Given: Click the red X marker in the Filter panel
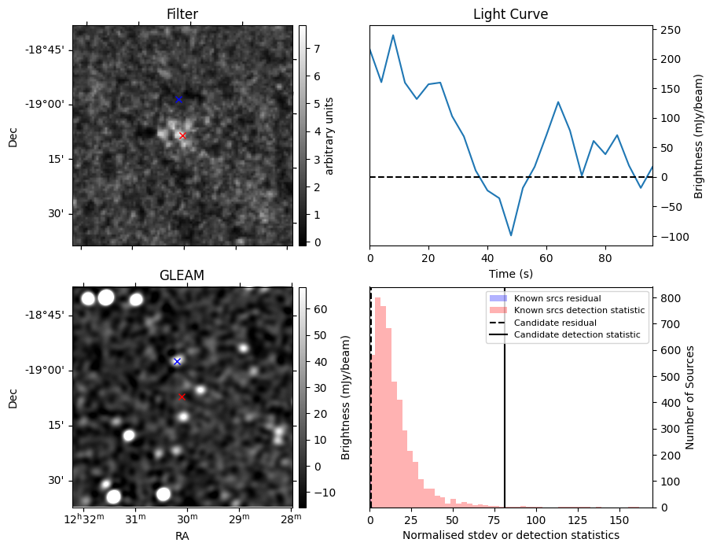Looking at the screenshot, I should click(x=182, y=135).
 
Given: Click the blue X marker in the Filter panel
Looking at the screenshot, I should click(x=178, y=99).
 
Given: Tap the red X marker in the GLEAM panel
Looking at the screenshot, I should click(x=182, y=397).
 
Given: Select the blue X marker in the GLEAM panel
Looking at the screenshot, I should click(x=177, y=361).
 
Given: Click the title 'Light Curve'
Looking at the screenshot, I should click(x=510, y=14).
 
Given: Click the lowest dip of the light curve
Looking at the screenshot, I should click(x=511, y=235).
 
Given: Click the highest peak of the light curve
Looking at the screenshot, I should click(x=393, y=35).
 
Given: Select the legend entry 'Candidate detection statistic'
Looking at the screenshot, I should click(x=576, y=335).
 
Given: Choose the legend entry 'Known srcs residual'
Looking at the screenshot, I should click(x=557, y=299).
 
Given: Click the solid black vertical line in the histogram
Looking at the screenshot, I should click(x=505, y=409).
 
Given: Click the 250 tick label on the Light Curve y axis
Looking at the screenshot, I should click(x=671, y=30).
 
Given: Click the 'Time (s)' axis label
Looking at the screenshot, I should click(x=510, y=272).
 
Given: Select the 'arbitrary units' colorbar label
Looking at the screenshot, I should click(x=330, y=135).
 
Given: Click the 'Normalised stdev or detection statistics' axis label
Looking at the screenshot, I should click(x=510, y=535).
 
